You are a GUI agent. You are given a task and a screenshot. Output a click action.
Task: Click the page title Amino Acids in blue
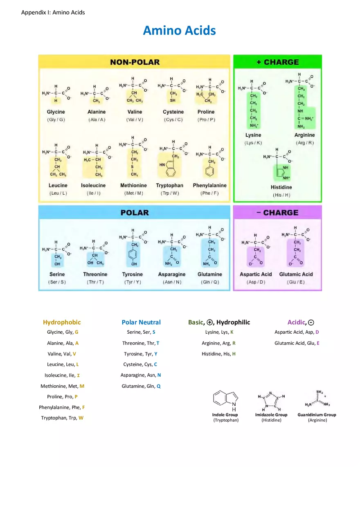click(179, 31)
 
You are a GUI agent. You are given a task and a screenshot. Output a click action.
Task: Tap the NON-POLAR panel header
click(135, 62)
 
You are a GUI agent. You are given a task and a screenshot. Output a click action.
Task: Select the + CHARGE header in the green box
click(278, 62)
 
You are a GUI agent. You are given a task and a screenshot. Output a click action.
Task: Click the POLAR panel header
click(135, 213)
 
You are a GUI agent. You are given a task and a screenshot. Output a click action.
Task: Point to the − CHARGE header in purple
click(277, 213)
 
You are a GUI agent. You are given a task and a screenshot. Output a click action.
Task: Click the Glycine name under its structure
click(56, 112)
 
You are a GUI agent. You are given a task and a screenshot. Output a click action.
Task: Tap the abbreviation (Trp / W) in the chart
click(170, 193)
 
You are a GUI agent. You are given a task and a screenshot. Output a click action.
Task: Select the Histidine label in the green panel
click(281, 187)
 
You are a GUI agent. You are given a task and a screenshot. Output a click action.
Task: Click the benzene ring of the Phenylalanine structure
click(210, 171)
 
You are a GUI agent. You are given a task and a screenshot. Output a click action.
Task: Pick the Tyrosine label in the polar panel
click(133, 274)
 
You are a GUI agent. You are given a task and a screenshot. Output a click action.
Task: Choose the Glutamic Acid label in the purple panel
click(296, 274)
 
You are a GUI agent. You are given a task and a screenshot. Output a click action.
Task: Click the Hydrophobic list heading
click(62, 322)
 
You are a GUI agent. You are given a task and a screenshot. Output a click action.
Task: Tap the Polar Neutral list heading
click(141, 322)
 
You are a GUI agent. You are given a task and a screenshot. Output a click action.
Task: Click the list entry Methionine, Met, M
click(62, 386)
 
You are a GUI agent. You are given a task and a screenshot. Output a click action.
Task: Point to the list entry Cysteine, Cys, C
click(140, 364)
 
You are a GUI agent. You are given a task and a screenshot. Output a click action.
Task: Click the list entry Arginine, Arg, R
click(218, 343)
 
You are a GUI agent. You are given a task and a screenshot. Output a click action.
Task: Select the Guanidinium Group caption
click(317, 415)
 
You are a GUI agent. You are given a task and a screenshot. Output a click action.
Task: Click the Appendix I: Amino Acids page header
click(53, 13)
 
